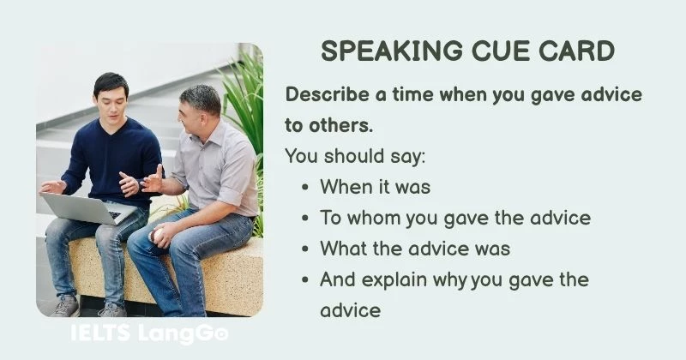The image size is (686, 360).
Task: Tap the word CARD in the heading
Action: (577, 51)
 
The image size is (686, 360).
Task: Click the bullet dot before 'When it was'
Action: (306, 187)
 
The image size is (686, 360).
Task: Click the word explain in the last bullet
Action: (401, 279)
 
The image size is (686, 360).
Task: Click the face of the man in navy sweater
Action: (111, 97)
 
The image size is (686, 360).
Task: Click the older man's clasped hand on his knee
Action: (163, 236)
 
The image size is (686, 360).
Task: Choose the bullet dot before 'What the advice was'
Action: (306, 249)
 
